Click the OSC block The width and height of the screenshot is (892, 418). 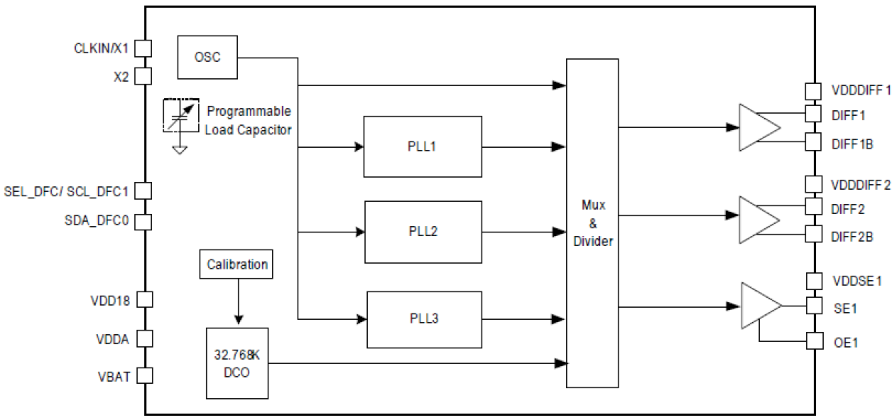click(207, 57)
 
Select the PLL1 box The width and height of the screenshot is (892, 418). click(422, 146)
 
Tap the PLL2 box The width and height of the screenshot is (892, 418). click(423, 232)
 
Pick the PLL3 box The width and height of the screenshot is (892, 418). click(424, 318)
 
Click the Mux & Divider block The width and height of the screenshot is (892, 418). click(592, 223)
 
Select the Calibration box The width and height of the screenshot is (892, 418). click(237, 264)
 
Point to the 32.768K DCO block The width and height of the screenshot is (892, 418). click(237, 363)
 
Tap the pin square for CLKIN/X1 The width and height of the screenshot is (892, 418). click(144, 48)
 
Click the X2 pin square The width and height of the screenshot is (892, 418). click(144, 76)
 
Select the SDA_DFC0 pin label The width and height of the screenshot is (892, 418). click(97, 221)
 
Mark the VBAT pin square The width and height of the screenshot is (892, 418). click(144, 375)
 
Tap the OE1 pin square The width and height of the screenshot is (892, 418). click(815, 341)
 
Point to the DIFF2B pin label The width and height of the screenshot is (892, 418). click(852, 236)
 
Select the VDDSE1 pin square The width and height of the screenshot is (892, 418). click(815, 281)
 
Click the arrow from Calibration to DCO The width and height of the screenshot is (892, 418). click(238, 301)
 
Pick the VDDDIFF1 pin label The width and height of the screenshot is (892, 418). click(860, 91)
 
